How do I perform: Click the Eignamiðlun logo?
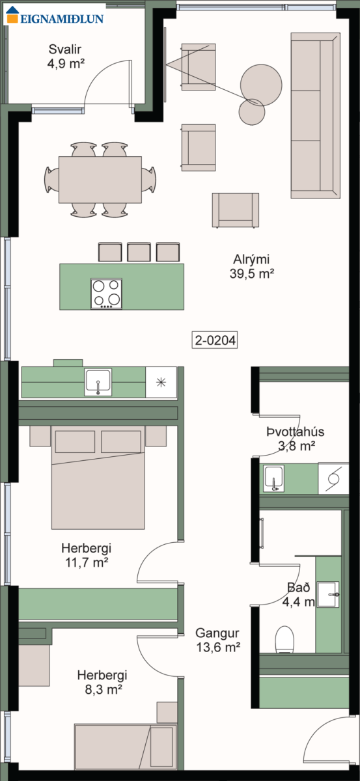[x=55, y=16]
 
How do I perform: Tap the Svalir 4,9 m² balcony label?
[x=66, y=56]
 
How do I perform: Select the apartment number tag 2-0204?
[x=215, y=340]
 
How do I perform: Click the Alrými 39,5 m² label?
[x=251, y=266]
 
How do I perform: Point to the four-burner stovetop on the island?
[x=106, y=294]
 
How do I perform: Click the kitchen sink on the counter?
[x=98, y=382]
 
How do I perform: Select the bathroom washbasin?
[x=328, y=594]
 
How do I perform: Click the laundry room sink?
[x=274, y=478]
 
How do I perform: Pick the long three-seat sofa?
[x=315, y=116]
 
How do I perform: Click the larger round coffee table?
[x=261, y=85]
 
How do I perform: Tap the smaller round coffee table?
[x=251, y=112]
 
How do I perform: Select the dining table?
[x=100, y=180]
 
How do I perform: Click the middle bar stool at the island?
[x=139, y=252]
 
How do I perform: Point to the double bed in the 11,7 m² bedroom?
[x=98, y=477]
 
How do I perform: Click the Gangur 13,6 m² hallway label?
[x=217, y=640]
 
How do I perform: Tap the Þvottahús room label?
[x=296, y=432]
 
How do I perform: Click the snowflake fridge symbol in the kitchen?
[x=161, y=382]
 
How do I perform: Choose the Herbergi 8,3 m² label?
[x=103, y=682]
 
